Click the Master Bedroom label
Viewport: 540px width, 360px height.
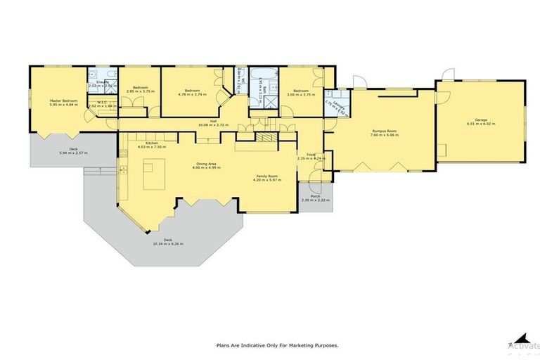[63, 101]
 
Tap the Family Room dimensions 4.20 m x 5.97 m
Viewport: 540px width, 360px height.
[267, 179]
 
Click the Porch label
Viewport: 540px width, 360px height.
[314, 196]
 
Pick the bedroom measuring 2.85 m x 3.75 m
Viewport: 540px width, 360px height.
[139, 91]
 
